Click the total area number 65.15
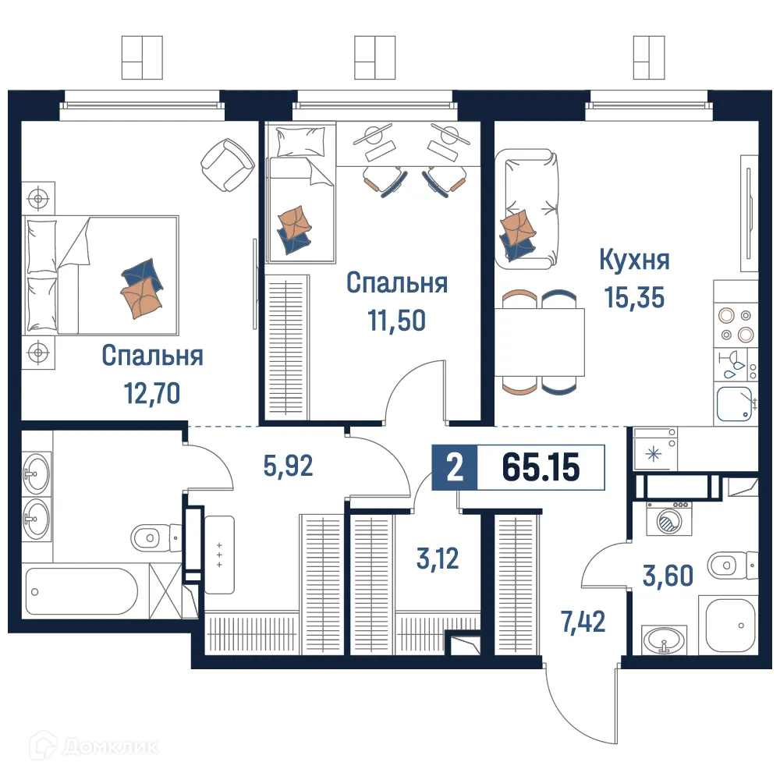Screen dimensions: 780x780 tap(541, 467)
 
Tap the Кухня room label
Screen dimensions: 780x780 tap(634, 260)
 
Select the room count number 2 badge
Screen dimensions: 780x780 tap(453, 467)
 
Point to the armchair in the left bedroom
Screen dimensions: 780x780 tap(227, 163)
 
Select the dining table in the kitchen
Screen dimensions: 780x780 tap(539, 342)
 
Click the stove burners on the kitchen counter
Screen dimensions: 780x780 tap(736, 325)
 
